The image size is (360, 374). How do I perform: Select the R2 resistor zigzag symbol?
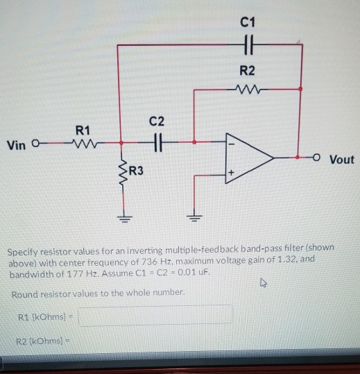tap(248, 88)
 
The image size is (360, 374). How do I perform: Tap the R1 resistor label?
tap(83, 128)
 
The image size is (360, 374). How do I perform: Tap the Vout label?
tap(341, 160)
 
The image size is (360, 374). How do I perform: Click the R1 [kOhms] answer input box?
tap(154, 317)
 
